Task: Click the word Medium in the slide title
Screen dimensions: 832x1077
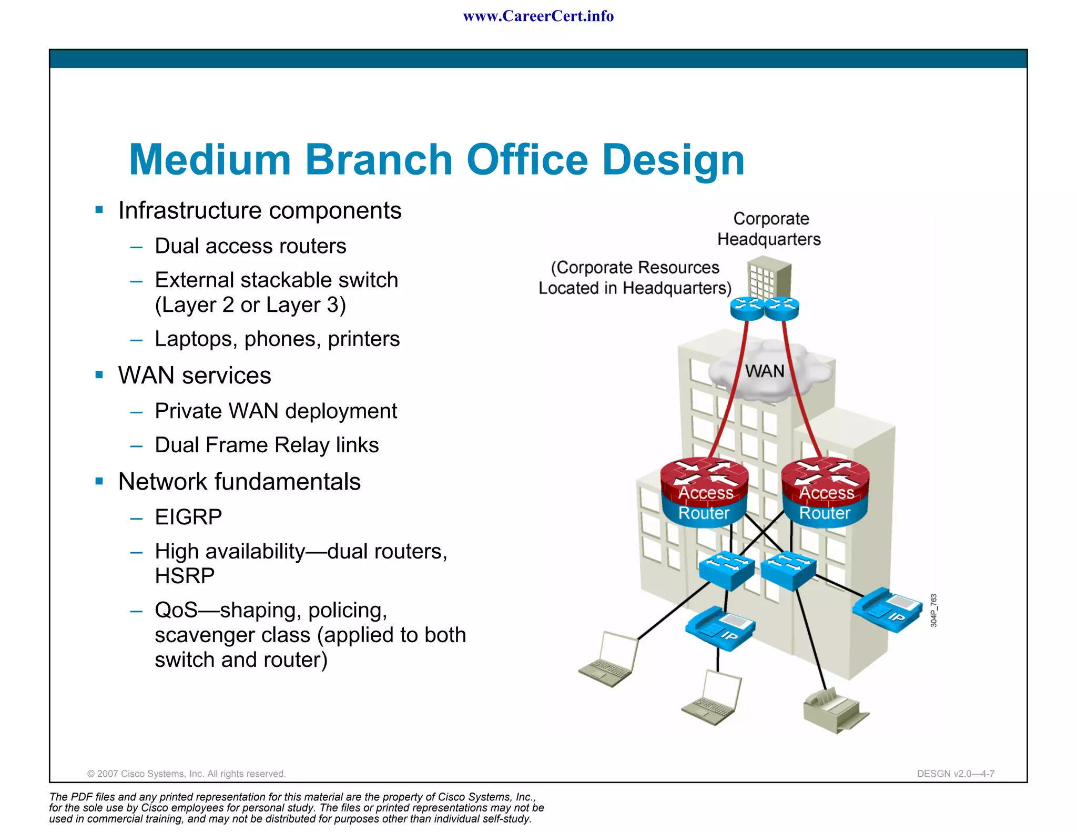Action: coord(210,160)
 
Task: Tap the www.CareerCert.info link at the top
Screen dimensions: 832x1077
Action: coord(538,16)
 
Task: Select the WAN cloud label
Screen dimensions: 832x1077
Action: coord(764,371)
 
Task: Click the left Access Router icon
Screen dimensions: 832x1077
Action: coord(705,492)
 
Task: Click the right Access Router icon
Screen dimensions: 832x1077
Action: coord(825,492)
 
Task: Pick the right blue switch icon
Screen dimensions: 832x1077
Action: coord(788,570)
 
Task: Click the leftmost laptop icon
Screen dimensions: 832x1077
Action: coord(609,659)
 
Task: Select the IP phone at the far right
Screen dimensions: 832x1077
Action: coord(888,610)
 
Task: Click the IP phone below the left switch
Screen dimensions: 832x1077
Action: coord(720,628)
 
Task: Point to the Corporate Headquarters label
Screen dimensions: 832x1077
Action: coord(770,229)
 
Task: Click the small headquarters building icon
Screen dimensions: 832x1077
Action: coord(769,277)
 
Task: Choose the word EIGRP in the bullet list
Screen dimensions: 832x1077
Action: coord(188,517)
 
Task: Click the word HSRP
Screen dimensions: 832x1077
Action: coord(185,576)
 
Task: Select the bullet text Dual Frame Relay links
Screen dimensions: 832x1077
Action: coord(267,445)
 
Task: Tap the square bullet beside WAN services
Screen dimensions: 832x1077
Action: coord(99,375)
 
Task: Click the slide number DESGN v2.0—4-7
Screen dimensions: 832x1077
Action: coord(955,774)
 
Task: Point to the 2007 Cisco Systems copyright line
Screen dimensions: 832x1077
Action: coord(186,774)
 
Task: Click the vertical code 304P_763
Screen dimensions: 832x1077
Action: coord(933,610)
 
